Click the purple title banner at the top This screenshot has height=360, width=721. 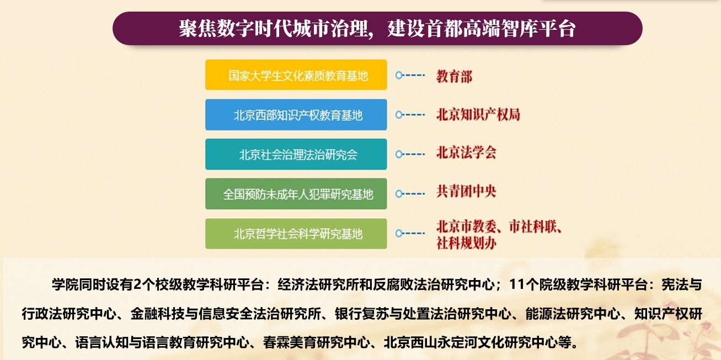(x=377, y=28)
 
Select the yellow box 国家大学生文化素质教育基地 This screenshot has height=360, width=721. (x=296, y=74)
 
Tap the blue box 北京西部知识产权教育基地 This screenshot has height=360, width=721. (x=296, y=115)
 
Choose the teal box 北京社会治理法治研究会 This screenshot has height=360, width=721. (x=296, y=154)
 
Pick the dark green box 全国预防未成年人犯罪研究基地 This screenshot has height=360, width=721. (x=296, y=194)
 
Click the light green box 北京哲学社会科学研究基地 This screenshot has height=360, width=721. (x=296, y=234)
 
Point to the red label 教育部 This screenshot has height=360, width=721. (x=454, y=77)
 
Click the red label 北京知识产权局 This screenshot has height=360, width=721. (x=478, y=115)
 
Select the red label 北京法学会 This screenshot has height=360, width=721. (x=466, y=153)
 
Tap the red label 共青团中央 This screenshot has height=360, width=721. (x=466, y=191)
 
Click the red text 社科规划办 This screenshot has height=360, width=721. (x=466, y=243)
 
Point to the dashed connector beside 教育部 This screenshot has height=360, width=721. (x=410, y=76)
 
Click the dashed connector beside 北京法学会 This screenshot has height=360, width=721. (x=410, y=154)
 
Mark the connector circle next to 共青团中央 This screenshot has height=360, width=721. (x=399, y=194)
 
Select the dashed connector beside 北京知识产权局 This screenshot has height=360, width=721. (x=410, y=115)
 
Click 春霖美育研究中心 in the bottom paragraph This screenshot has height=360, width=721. (x=317, y=342)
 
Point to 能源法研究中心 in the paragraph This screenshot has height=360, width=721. (x=573, y=314)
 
